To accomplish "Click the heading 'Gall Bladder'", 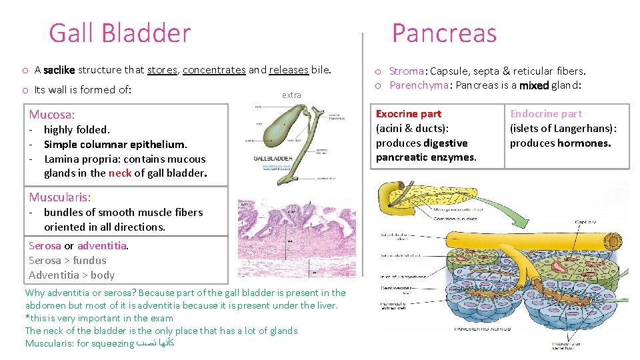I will point(120,33).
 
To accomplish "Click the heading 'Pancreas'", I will point(444,33).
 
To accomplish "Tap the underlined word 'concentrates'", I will point(214,70).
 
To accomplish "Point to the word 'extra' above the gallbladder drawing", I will point(291,95).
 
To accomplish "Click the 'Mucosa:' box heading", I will point(52,115).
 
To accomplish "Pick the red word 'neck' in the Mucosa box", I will point(120,173).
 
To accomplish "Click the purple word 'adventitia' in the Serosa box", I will point(102,245).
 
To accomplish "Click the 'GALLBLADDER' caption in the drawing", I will point(273,159).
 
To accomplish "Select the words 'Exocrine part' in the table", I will point(409,114).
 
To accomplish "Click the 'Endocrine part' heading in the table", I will point(546,114).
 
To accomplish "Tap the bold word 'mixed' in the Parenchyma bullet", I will point(533,85).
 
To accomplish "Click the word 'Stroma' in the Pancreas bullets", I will point(407,71).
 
